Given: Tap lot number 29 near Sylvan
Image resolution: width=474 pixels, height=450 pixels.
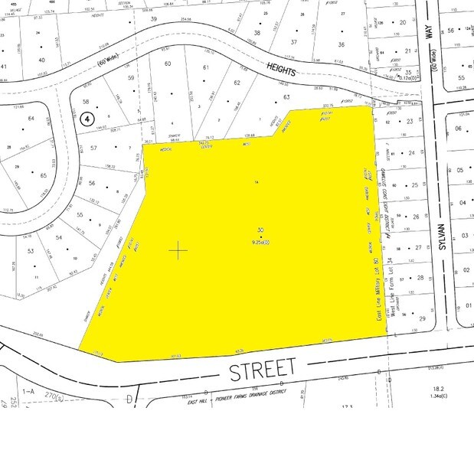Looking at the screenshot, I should [420, 318].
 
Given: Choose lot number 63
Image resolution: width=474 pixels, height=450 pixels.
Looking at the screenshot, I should [287, 97].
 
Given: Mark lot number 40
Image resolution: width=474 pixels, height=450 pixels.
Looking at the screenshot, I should [41, 60].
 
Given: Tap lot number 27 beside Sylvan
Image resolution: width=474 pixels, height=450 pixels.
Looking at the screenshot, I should [419, 247].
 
